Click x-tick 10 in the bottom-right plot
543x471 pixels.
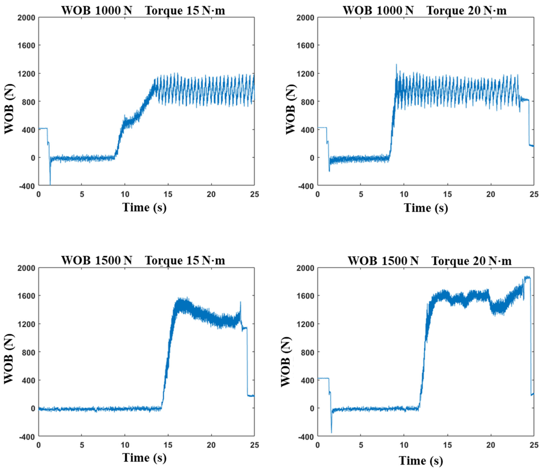pyautogui.click(x=404, y=445)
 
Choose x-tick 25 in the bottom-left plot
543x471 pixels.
pyautogui.click(x=254, y=445)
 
